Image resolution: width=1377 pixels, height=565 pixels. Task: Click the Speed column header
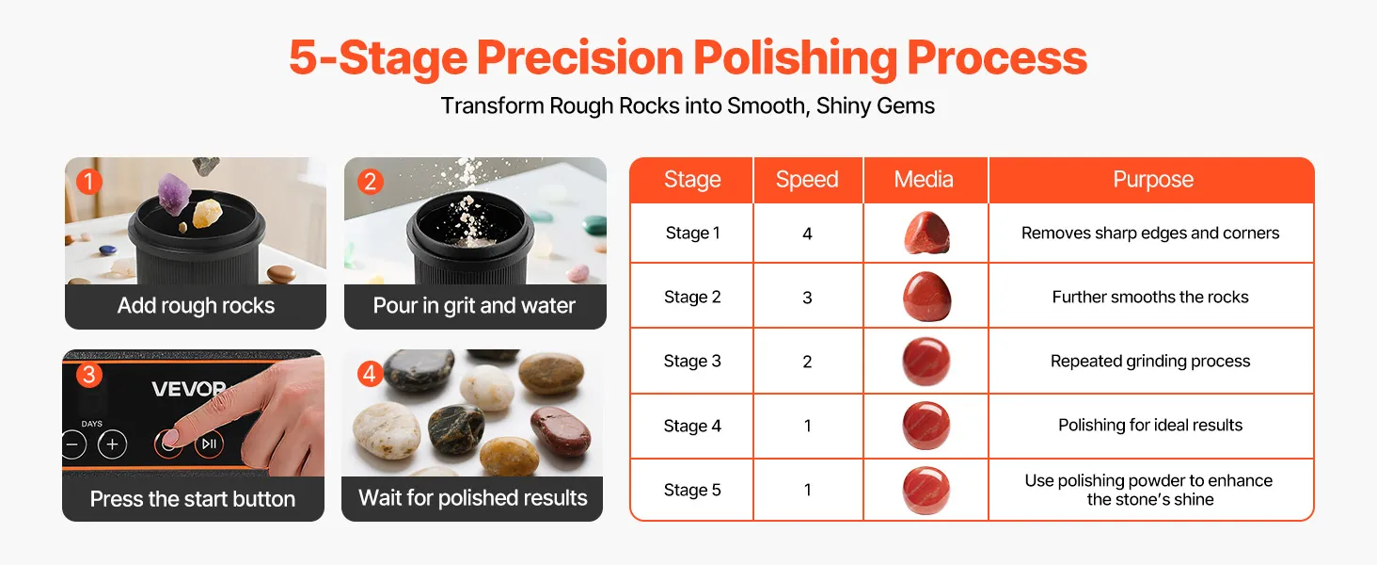tap(806, 179)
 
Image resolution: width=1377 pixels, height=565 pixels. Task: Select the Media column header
tap(924, 179)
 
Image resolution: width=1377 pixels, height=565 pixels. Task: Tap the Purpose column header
tap(1153, 179)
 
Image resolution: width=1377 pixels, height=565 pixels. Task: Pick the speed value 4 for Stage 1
tap(807, 234)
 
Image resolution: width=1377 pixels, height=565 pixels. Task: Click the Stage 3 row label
tap(692, 361)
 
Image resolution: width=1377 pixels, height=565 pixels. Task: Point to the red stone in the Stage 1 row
tap(927, 233)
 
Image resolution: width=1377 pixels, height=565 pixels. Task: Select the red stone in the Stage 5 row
tap(926, 491)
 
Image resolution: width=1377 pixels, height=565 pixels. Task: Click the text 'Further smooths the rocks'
tap(1150, 298)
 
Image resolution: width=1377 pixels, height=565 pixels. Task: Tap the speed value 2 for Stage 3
tap(807, 362)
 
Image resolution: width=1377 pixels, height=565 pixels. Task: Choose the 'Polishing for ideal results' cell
tap(1150, 425)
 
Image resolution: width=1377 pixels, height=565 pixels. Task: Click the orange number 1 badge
tap(89, 182)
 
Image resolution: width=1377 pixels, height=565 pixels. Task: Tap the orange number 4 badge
tap(370, 374)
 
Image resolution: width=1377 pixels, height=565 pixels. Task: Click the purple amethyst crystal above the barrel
tap(175, 193)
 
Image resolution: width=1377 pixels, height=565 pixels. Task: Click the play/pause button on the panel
tap(209, 444)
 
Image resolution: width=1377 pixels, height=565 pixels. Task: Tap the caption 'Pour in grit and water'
tap(474, 305)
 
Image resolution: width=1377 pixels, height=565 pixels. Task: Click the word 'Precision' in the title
tap(579, 57)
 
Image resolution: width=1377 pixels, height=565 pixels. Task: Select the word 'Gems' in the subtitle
tap(906, 105)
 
